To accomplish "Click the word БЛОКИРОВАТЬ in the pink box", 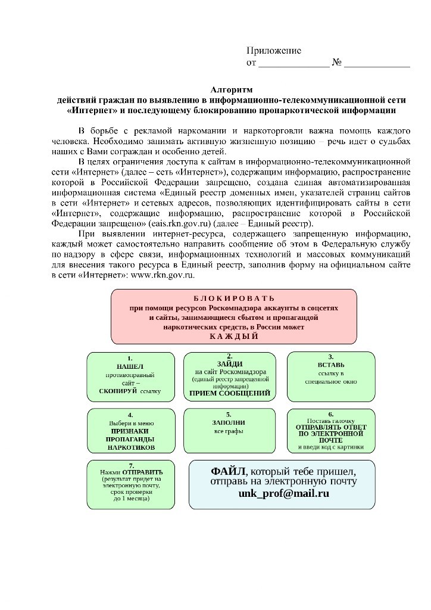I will click(234, 298).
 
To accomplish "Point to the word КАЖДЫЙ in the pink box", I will click(234, 337).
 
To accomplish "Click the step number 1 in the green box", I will click(130, 359).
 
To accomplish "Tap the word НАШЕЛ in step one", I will click(130, 366).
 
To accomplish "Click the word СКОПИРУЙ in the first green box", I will click(119, 392).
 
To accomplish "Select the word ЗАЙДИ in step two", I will click(230, 363).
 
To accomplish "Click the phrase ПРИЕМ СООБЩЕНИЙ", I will click(230, 393).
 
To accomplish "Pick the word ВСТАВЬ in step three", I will click(331, 365).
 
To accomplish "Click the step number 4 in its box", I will click(130, 415).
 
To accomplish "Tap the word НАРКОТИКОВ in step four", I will click(130, 447).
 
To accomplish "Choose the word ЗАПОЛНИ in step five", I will click(230, 422).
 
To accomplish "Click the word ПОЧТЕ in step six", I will click(331, 440).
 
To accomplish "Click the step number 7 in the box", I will click(130, 465).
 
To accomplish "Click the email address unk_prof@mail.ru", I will click(283, 494).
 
